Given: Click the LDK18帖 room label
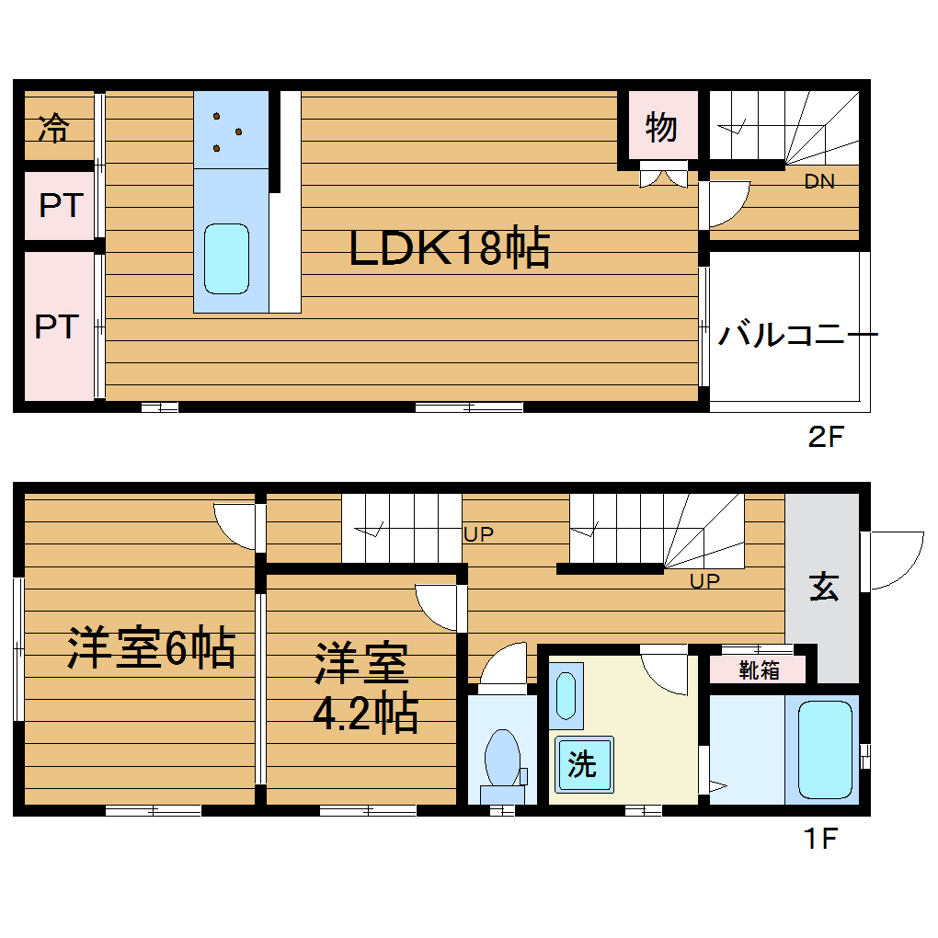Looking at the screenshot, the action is point(450,247).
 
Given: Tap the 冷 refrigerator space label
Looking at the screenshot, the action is point(54,128).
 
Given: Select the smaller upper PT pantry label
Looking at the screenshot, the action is point(61,205).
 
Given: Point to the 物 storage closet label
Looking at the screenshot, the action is point(661,128).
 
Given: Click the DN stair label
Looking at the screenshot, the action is point(819,181).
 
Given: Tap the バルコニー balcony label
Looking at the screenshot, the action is point(797,334).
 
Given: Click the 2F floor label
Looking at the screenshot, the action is point(826,437).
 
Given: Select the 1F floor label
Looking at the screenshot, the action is point(820,838).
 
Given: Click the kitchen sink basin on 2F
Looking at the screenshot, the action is point(227,259).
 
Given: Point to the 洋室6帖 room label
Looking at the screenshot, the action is point(151,647).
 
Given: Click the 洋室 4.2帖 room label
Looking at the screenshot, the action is point(365,687).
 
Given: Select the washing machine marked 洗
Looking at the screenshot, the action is point(584,764).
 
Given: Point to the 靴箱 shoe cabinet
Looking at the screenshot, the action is point(759,670).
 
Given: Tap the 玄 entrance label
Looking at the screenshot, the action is point(824,587).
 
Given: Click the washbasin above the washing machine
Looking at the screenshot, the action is point(566,696).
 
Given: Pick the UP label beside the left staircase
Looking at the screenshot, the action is point(478,534).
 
